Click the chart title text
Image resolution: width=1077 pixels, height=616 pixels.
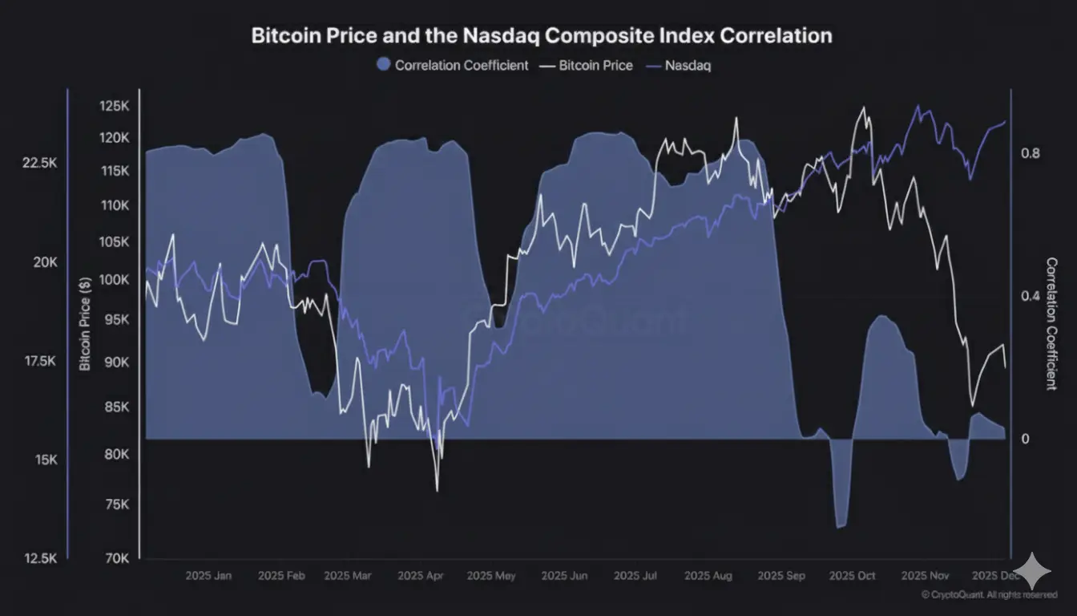tap(541, 36)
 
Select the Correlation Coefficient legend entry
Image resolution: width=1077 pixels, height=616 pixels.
tap(453, 66)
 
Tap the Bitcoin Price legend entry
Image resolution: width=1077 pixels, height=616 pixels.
tap(587, 66)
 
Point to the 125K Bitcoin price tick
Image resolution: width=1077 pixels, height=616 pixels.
tap(115, 106)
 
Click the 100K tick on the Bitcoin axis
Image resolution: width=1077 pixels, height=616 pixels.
tap(115, 280)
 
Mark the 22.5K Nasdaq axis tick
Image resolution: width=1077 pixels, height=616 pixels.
tap(40, 163)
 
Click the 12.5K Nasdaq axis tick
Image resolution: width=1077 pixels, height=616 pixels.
tap(40, 558)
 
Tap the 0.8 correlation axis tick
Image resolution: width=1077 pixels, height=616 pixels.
tap(1031, 153)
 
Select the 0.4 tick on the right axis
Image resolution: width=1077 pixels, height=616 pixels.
tap(1031, 296)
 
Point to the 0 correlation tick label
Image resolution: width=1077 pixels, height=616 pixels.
tap(1025, 439)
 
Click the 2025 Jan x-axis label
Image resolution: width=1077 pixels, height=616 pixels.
tap(208, 576)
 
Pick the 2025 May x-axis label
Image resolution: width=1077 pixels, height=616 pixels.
tap(491, 576)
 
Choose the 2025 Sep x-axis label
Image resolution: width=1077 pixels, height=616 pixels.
tap(781, 576)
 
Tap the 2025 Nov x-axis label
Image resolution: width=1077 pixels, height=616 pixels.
tap(926, 576)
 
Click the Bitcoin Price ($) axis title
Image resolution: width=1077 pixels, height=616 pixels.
tap(85, 322)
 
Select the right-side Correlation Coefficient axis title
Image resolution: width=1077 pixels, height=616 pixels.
tap(1051, 324)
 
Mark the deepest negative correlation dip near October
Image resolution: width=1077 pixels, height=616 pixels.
tap(841, 526)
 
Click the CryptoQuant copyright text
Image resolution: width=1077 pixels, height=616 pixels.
tap(988, 595)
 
